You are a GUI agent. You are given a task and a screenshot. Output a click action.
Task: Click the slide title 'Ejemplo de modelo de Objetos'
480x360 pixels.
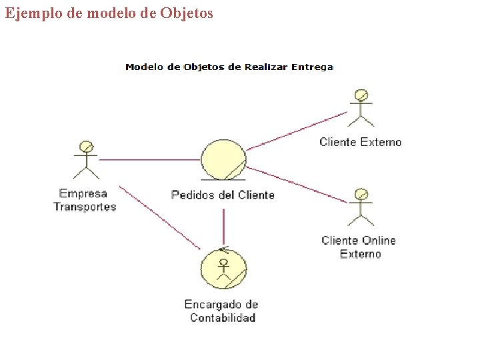coord(109,13)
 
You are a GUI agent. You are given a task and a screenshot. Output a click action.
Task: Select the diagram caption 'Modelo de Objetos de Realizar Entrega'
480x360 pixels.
coord(229,67)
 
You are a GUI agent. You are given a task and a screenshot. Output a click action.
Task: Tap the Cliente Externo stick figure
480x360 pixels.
coord(361,107)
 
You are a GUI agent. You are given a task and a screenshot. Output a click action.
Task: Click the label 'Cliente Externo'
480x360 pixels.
coord(361,142)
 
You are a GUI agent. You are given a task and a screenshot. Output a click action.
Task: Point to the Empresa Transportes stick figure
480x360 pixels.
coord(85,160)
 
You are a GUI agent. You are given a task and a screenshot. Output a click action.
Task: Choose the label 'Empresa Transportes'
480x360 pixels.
coord(85,200)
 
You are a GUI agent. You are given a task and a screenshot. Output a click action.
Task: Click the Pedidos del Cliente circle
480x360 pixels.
coord(223,160)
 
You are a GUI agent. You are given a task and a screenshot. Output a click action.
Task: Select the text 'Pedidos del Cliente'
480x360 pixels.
coord(223,195)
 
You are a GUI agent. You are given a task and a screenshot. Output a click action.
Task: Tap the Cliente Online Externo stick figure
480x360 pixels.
coord(361,207)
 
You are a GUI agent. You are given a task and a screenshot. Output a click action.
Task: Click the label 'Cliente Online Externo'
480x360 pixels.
coord(359,247)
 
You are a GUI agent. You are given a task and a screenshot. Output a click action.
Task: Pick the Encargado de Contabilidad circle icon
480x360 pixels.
coord(223,269)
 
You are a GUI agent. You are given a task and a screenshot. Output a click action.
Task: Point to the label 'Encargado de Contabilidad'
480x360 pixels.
coord(222,311)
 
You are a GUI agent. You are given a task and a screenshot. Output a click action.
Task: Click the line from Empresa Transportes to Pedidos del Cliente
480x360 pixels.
coord(150,160)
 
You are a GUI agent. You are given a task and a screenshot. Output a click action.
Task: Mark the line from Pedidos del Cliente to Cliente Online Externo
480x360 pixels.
coord(297,183)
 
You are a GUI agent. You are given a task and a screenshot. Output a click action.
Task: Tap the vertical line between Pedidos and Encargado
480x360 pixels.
coord(223,227)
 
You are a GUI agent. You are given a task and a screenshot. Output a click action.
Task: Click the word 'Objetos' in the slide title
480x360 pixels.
coord(187,13)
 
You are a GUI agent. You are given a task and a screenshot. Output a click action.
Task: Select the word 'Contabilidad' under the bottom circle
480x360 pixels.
coord(223,318)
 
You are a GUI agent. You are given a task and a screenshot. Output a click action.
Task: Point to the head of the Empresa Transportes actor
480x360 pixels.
coord(85,146)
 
